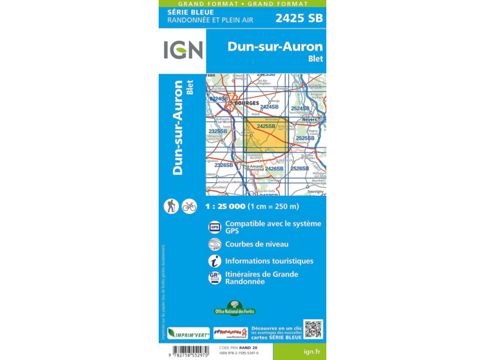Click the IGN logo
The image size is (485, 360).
[x=183, y=50]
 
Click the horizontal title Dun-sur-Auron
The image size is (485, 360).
[x=275, y=46]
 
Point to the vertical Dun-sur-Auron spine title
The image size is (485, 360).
[x=177, y=128]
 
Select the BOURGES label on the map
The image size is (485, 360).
[x=247, y=102]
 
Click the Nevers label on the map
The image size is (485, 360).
[x=309, y=119]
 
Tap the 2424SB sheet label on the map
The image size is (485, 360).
[x=269, y=107]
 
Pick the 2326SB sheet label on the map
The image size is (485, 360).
[x=223, y=165]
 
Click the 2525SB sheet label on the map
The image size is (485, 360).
[x=305, y=138]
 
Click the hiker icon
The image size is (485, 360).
[x=170, y=206]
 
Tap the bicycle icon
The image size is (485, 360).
[x=189, y=206]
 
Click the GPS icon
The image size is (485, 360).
[x=215, y=226]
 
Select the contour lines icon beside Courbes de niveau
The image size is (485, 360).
[x=215, y=244]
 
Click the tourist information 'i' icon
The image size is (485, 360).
[x=215, y=261]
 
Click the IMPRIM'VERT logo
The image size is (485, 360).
[x=188, y=333]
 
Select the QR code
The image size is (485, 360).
[x=313, y=329]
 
